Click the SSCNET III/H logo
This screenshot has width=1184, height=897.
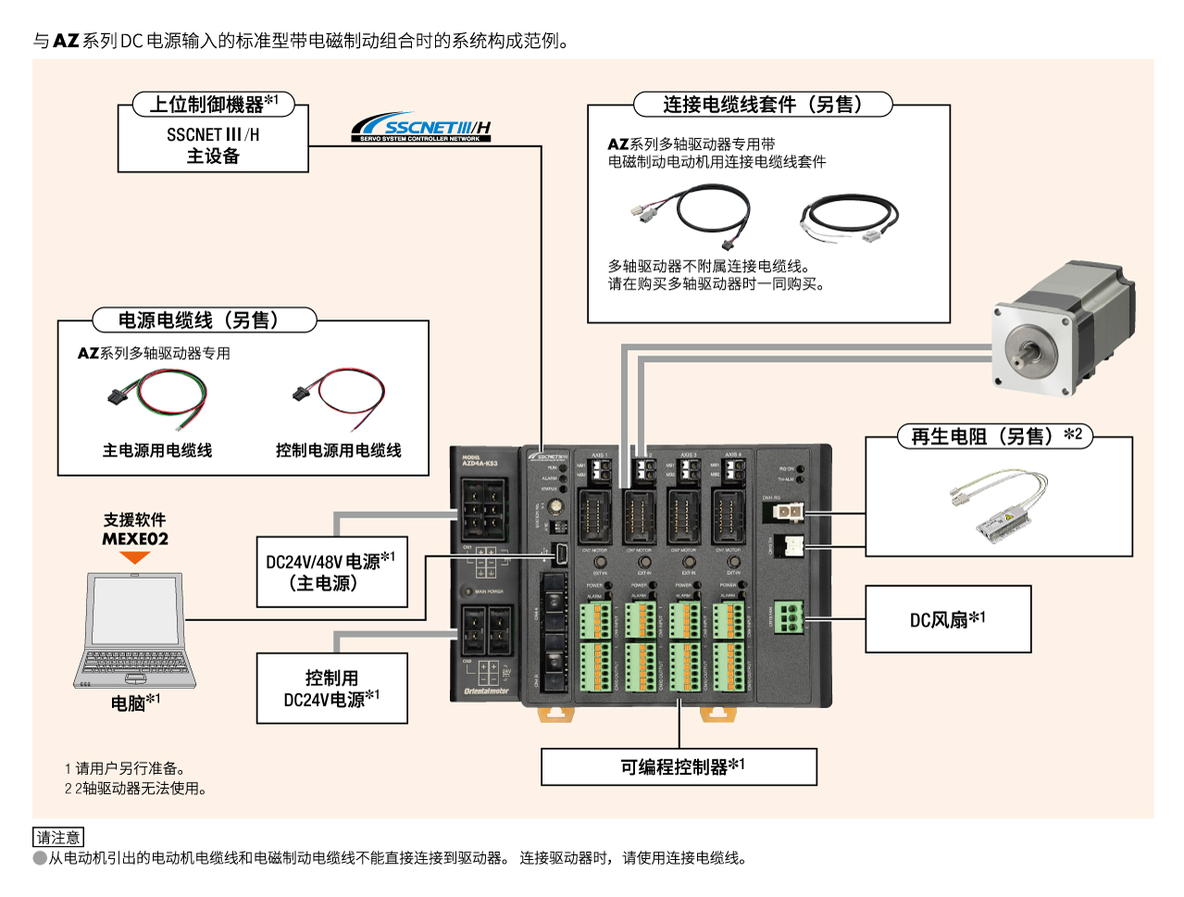(421, 128)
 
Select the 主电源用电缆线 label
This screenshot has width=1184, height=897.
(157, 451)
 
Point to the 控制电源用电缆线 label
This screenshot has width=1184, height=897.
(338, 451)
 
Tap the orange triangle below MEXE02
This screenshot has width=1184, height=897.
(135, 558)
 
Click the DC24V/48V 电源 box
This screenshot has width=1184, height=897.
(331, 572)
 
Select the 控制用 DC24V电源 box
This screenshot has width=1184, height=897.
(331, 689)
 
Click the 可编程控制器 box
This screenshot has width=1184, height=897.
(679, 766)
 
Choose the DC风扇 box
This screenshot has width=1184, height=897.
(947, 619)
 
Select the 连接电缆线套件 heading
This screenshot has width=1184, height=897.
(762, 105)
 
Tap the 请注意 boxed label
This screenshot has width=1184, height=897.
(57, 837)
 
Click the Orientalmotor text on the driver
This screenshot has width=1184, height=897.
(486, 691)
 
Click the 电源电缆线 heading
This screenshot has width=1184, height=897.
(204, 320)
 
